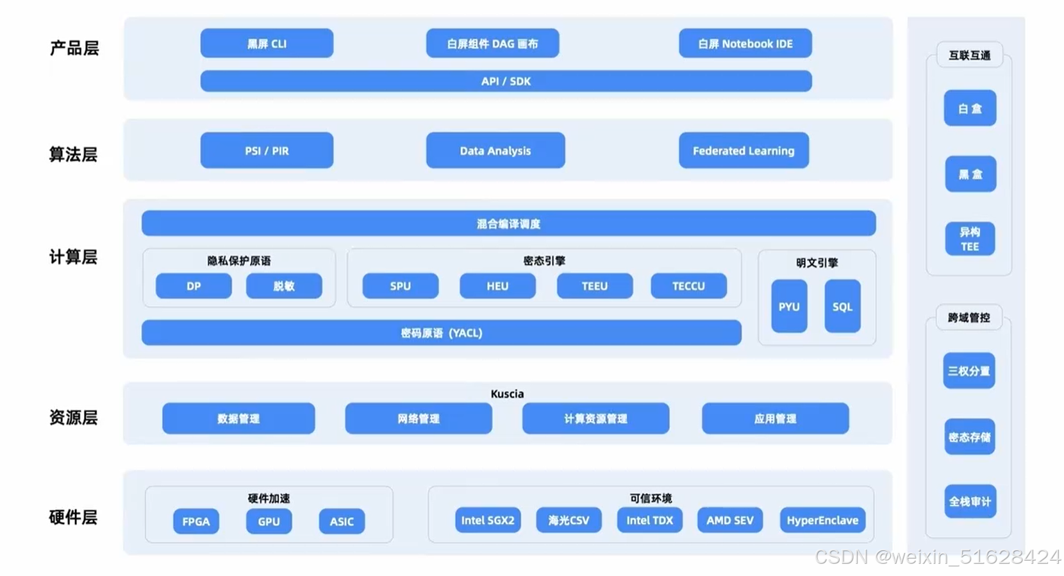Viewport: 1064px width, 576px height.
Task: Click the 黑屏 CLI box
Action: click(x=267, y=44)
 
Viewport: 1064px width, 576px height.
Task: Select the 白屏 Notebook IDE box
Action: click(x=745, y=44)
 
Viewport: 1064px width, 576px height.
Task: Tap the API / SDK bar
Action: click(x=506, y=81)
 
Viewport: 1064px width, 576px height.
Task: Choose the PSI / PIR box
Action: click(x=267, y=151)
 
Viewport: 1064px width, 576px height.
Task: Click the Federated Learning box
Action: click(x=744, y=151)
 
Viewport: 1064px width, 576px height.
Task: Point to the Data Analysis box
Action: click(x=495, y=151)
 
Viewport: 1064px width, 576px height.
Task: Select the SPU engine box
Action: click(x=400, y=286)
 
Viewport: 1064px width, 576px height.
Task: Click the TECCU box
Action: click(x=688, y=286)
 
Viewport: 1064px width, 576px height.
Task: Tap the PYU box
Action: click(x=789, y=307)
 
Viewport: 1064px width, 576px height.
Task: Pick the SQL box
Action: click(x=842, y=307)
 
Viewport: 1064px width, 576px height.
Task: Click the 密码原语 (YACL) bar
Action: click(x=441, y=333)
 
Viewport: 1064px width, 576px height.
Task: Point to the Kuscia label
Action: click(x=507, y=394)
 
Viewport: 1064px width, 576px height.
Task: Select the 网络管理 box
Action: click(x=418, y=419)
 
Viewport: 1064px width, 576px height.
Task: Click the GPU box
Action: click(x=269, y=521)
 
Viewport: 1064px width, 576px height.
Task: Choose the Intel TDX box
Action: click(x=649, y=520)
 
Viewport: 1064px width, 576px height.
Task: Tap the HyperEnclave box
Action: click(x=822, y=520)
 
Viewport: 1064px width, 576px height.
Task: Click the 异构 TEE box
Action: click(x=970, y=239)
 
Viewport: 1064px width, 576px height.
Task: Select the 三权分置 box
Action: click(x=969, y=371)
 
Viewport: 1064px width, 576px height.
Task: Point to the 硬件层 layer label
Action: click(x=73, y=517)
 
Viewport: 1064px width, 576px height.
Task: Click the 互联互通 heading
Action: click(x=969, y=55)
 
